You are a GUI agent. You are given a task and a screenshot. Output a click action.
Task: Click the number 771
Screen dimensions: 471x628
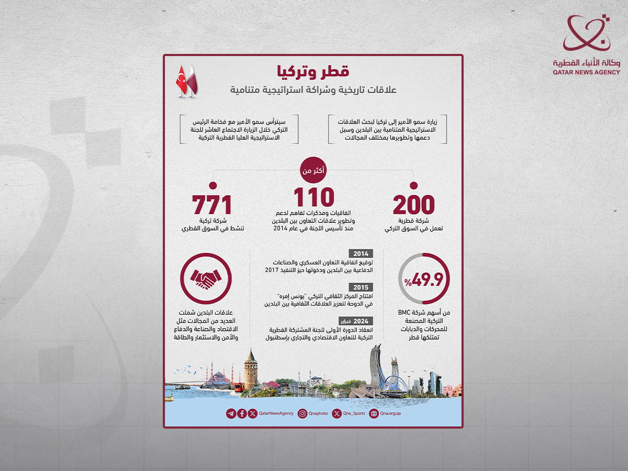click(211, 205)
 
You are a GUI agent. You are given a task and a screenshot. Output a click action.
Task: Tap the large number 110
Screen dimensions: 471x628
click(313, 197)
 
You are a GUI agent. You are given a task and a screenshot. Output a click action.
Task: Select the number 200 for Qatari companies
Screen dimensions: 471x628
click(414, 205)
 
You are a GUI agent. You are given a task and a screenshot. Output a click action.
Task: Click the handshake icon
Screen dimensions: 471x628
click(206, 281)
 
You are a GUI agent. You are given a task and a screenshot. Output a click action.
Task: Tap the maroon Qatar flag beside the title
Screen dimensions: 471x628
click(192, 81)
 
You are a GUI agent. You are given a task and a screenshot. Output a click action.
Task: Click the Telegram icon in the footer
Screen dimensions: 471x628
click(231, 413)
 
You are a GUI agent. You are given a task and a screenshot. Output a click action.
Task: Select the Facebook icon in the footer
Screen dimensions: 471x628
click(242, 413)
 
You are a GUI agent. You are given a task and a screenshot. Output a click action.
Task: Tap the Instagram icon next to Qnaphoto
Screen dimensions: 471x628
click(302, 413)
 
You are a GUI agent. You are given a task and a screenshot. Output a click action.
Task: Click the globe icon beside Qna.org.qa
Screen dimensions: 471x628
click(374, 413)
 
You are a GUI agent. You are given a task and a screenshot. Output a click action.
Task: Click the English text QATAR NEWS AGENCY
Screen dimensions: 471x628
click(586, 72)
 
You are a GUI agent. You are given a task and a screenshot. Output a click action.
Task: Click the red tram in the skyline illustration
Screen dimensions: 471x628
click(238, 387)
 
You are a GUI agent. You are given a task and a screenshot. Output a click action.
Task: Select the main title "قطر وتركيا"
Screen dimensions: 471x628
click(313, 71)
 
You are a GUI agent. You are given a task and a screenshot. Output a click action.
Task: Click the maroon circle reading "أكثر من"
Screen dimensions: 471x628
click(313, 170)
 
